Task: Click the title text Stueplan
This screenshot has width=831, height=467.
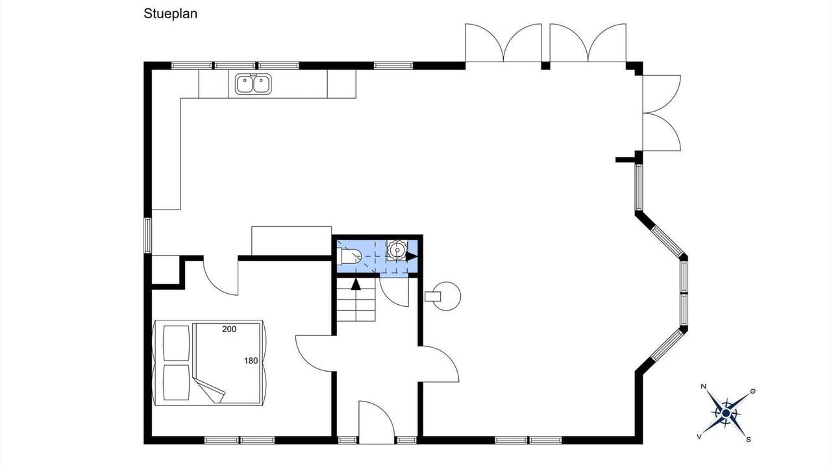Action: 170,14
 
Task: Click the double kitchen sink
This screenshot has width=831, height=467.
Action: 253,84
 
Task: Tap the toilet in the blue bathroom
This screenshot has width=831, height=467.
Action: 351,257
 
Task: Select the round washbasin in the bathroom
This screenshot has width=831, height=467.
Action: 395,249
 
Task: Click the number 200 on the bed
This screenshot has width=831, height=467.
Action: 229,329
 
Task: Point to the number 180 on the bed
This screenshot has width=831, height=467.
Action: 251,361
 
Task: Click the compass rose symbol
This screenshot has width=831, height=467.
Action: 726,412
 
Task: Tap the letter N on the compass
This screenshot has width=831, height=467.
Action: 704,387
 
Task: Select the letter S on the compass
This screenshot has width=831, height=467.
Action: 749,439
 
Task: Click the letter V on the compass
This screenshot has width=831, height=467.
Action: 699,437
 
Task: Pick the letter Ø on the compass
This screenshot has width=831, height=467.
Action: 752,390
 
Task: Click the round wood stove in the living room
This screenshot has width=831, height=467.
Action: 447,296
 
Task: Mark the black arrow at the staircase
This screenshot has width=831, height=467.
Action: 355,283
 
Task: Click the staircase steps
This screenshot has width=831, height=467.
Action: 356,305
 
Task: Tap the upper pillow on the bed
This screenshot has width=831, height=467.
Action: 175,343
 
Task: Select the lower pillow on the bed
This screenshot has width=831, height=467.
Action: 175,382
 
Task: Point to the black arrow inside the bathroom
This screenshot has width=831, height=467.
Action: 412,256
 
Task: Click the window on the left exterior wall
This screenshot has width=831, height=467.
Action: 147,235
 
